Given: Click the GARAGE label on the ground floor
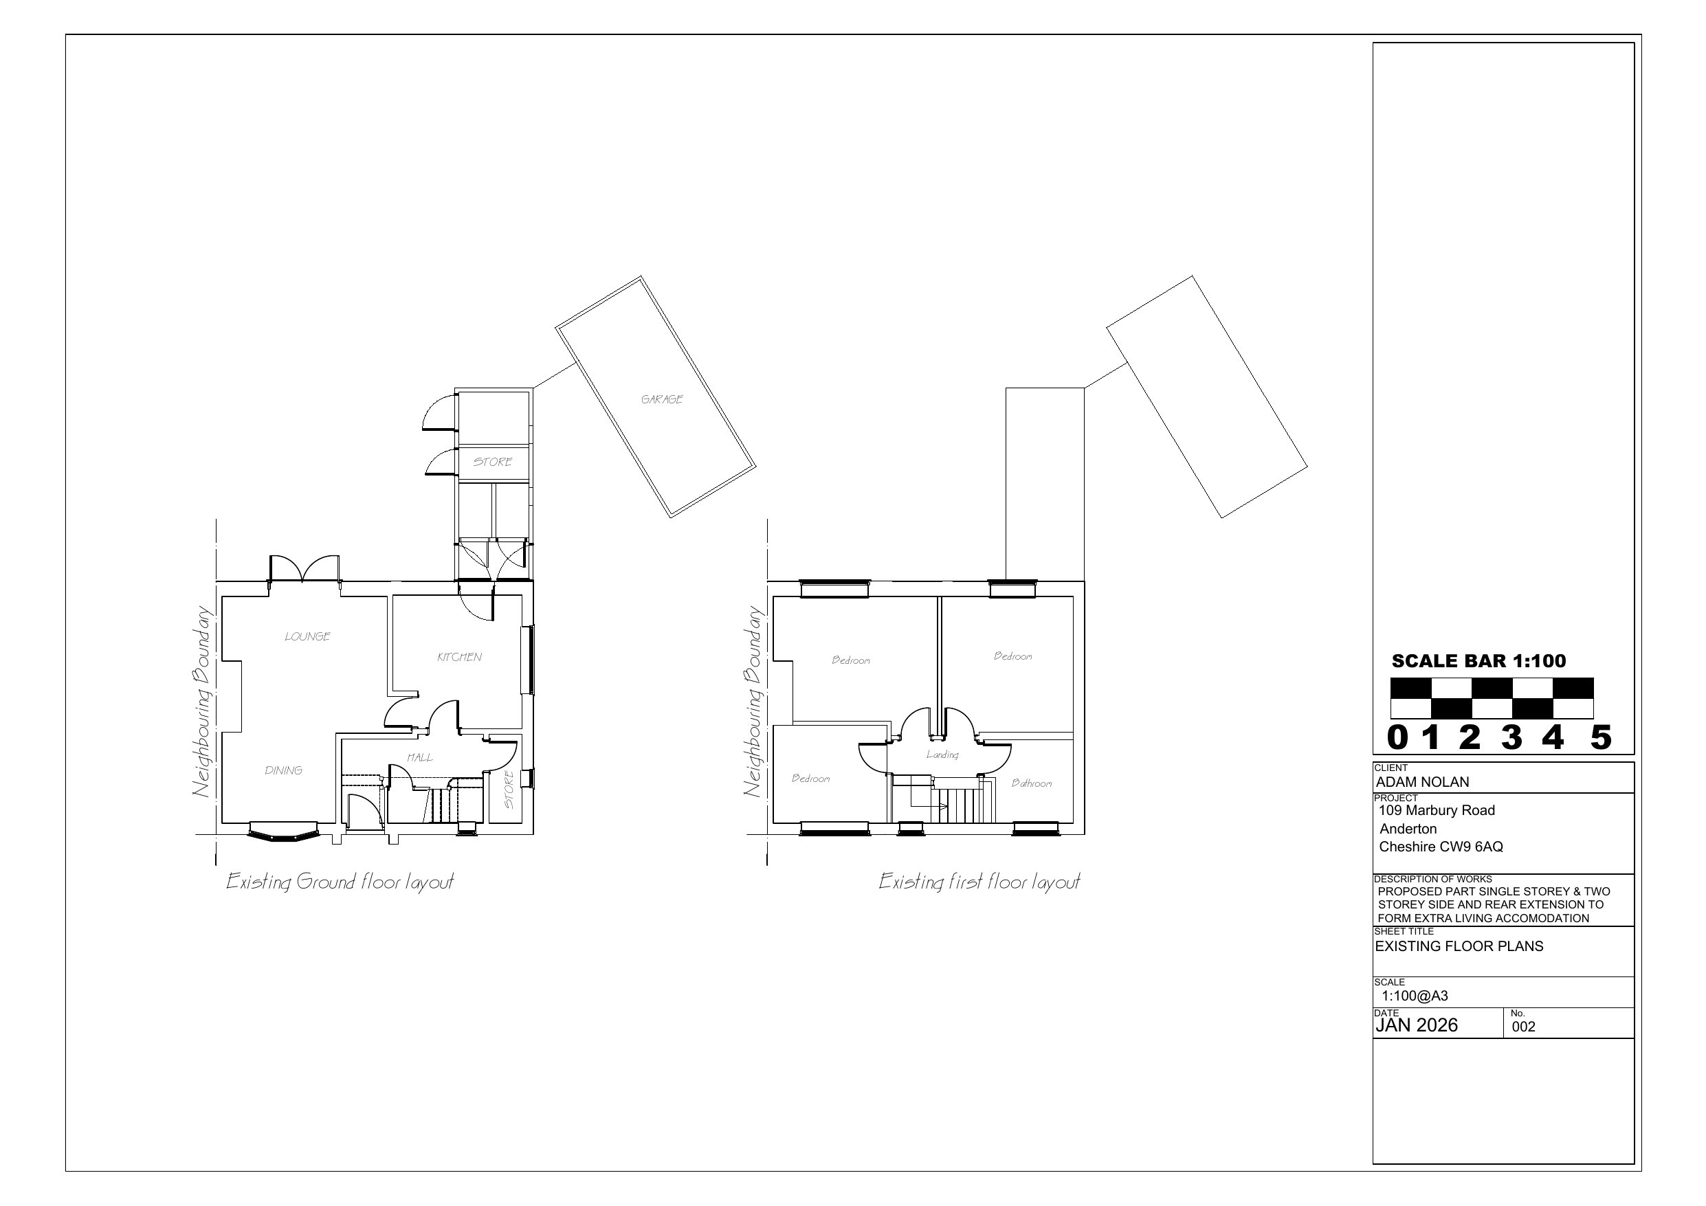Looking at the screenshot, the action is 662,399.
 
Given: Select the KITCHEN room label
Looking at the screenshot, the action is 459,657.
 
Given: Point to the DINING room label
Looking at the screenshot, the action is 284,770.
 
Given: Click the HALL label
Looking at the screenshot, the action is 420,757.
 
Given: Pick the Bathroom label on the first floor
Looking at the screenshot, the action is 1032,783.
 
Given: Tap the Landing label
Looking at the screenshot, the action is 942,755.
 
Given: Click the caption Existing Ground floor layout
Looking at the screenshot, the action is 340,882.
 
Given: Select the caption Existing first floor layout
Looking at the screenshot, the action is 979,882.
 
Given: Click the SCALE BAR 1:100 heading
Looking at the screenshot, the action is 1478,660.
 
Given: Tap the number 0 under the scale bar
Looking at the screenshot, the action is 1397,738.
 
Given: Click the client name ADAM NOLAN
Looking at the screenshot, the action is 1422,782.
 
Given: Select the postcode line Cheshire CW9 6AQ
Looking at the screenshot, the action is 1441,847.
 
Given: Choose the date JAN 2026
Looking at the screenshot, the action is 1416,1025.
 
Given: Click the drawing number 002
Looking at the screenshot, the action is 1523,1027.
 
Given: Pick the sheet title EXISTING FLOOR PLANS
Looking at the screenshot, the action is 1459,946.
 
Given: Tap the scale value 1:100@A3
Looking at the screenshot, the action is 1415,996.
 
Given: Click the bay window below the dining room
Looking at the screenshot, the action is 283,833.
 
